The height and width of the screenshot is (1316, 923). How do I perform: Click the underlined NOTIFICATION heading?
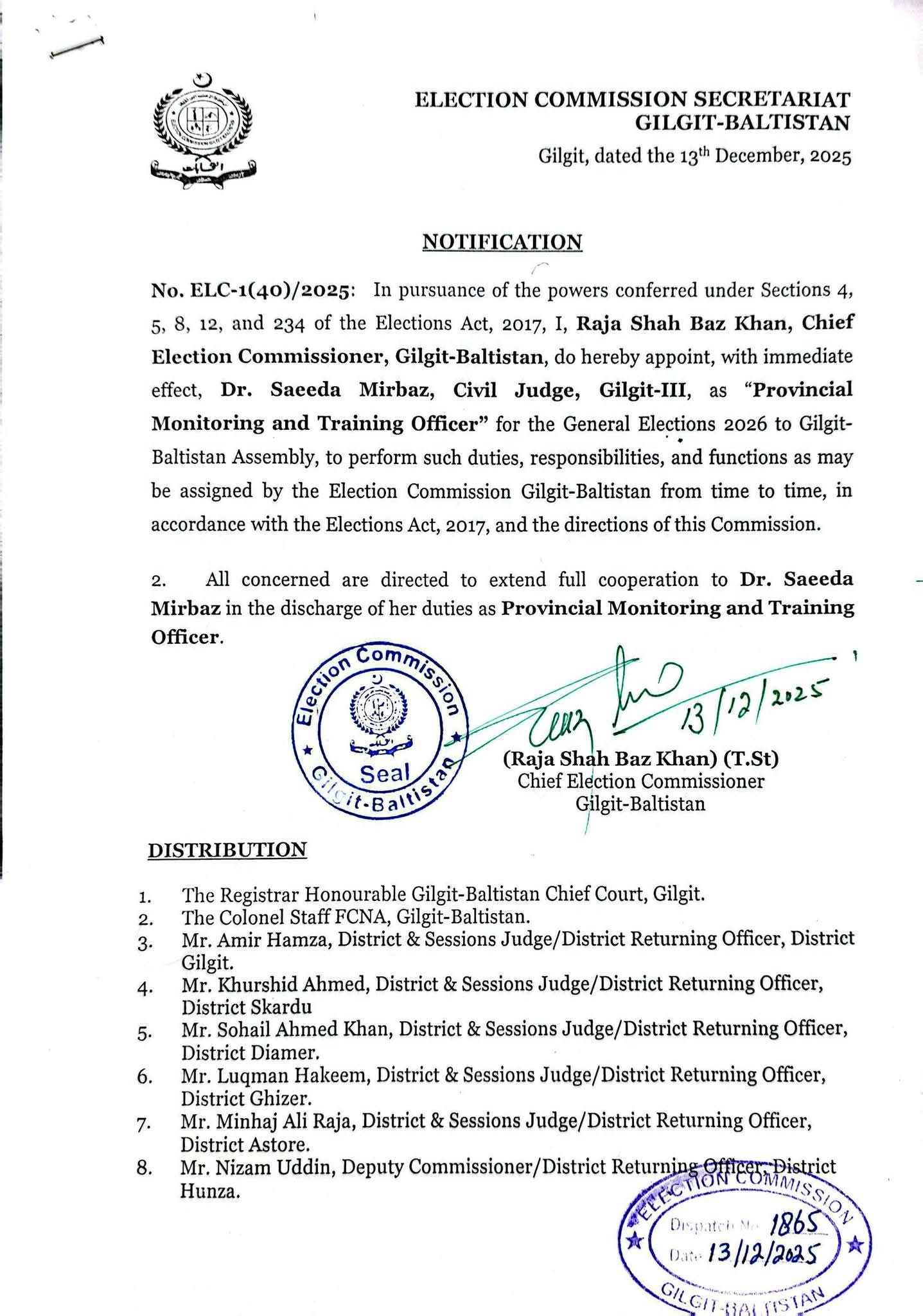502,242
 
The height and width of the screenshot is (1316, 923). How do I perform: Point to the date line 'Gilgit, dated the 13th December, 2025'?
694,157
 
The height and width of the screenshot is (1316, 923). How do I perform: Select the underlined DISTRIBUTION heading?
227,850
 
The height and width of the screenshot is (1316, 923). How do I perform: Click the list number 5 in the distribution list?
143,1034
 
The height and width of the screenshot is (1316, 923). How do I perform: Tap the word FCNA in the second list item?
355,916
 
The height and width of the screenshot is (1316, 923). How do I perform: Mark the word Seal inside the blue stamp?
385,773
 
